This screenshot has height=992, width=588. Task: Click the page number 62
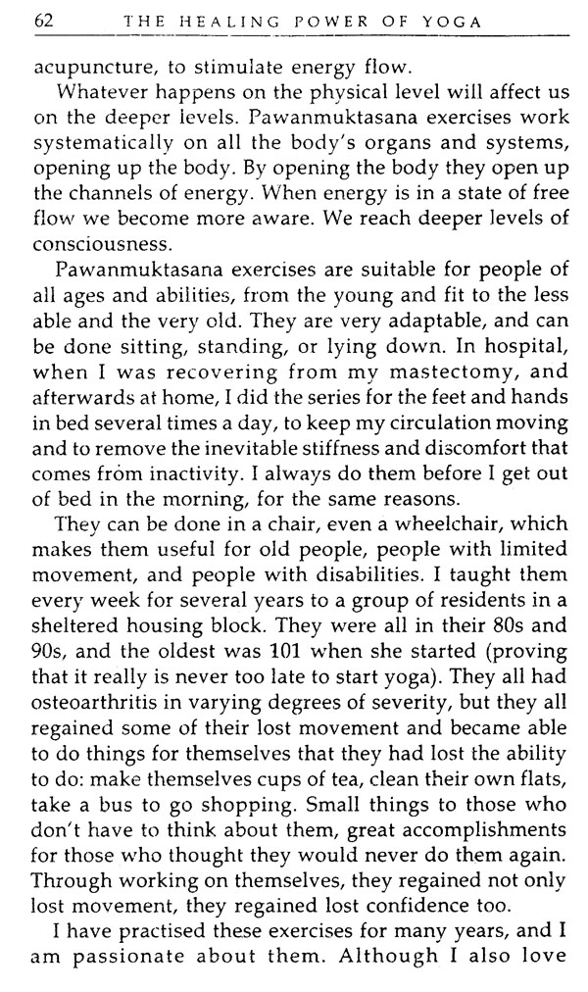pyautogui.click(x=44, y=21)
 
